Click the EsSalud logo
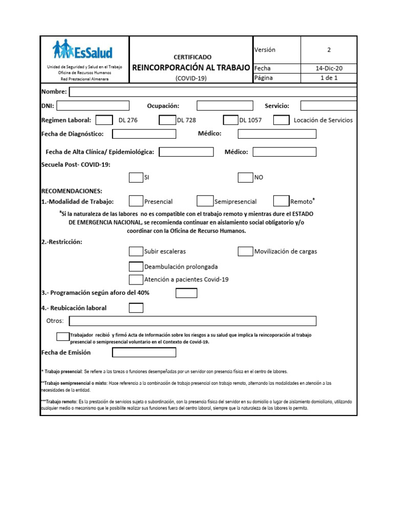(83, 51)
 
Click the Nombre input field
(213, 92)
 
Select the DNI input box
(92, 106)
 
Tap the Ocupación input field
(225, 106)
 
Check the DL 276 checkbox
(104, 120)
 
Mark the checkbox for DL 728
(167, 120)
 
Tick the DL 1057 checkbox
(231, 120)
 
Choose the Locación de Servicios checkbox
(281, 120)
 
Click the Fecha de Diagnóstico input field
(144, 134)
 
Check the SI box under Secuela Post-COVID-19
(136, 178)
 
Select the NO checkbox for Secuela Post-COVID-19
(245, 178)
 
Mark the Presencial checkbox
(136, 201)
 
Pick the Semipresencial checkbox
(205, 201)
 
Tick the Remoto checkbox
(281, 201)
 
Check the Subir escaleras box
(136, 251)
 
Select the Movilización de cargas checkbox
(245, 251)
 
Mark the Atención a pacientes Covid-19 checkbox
(136, 279)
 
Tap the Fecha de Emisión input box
(144, 352)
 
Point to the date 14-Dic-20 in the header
(329, 68)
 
